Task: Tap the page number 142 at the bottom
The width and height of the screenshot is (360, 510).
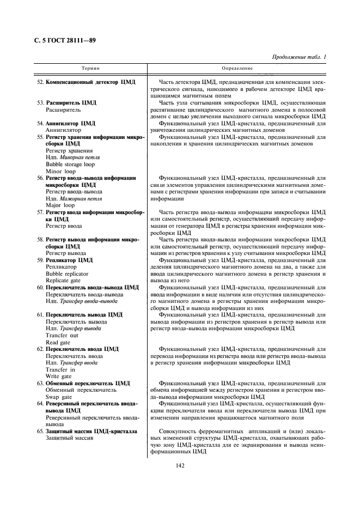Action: (x=180, y=465)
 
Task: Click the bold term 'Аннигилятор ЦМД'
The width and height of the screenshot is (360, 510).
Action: (x=70, y=124)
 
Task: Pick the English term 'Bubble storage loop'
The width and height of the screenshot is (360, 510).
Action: (x=70, y=164)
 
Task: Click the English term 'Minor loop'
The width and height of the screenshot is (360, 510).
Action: (x=59, y=171)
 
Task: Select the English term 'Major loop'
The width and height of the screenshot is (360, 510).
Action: (x=59, y=205)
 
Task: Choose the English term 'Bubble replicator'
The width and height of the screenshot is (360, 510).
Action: (x=67, y=274)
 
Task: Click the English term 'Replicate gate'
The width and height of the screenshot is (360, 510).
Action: (x=64, y=280)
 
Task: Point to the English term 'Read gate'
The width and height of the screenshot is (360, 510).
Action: (x=58, y=342)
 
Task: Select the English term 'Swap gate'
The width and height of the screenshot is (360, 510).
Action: (x=59, y=397)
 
